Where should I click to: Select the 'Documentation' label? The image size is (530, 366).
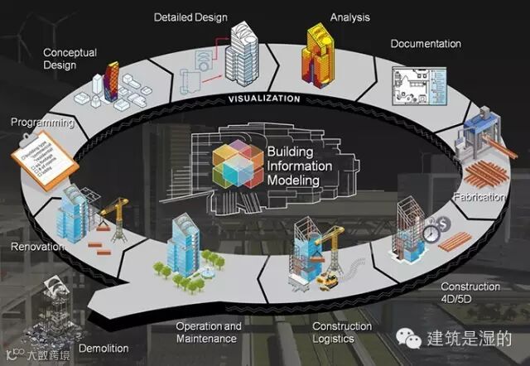pos(426,43)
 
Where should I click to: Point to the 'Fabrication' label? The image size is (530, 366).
pos(478,198)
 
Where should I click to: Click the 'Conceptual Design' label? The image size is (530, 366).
pos(70,59)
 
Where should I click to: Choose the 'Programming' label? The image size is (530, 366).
pos(42,123)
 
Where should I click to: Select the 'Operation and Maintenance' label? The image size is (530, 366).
pos(209,332)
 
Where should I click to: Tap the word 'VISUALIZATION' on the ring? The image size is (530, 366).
pos(264,99)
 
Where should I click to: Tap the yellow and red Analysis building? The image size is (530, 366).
pos(321,53)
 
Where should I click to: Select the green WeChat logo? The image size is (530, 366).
pos(405,338)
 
